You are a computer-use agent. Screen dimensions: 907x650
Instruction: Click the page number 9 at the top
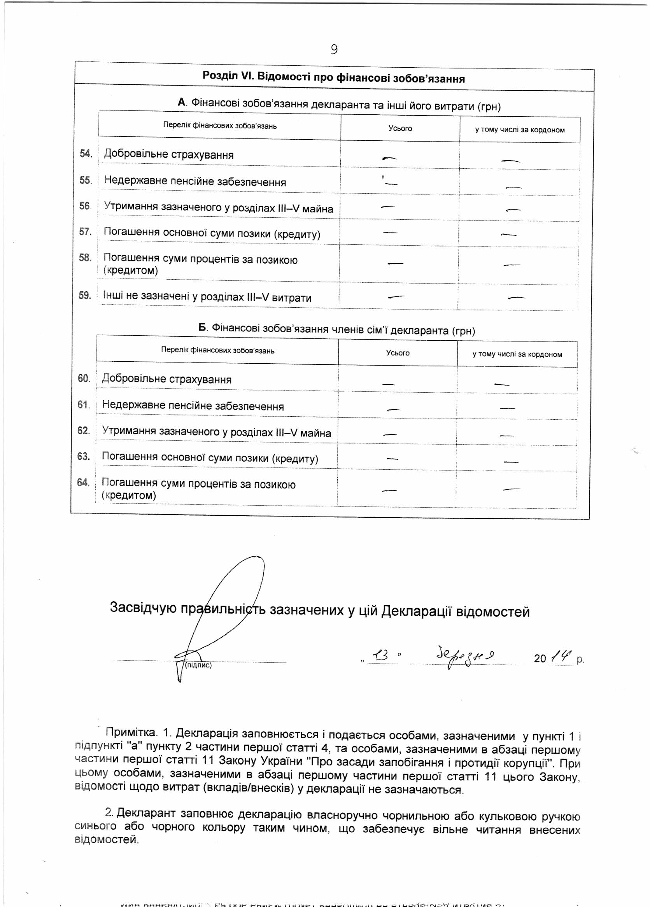(334, 49)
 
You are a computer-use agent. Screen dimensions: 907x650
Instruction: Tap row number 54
(85, 154)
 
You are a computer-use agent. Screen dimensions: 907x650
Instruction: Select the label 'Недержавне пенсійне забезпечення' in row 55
(195, 181)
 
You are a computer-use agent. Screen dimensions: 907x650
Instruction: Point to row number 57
(85, 231)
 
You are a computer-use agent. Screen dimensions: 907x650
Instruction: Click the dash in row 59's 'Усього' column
(396, 297)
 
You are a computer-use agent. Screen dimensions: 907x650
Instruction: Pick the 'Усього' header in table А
(400, 128)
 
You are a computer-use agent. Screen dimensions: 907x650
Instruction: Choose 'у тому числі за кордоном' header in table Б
(517, 354)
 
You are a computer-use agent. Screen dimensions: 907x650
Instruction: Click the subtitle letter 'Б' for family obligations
(203, 328)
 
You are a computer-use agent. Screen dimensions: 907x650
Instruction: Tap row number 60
(83, 378)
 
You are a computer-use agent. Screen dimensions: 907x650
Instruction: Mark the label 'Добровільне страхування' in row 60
(167, 379)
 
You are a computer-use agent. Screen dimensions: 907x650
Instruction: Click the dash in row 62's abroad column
(506, 435)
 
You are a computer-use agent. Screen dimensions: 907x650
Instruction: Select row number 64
(83, 482)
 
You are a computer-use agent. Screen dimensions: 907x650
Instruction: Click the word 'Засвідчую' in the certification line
(143, 607)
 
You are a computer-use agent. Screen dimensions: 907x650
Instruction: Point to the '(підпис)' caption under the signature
(198, 665)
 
